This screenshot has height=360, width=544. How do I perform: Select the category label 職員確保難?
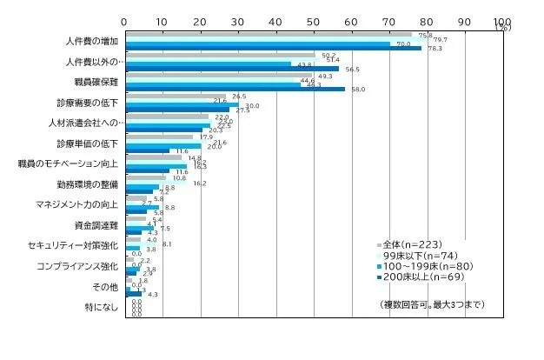tap(98, 82)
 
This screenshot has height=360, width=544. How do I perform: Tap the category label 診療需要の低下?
tap(93, 103)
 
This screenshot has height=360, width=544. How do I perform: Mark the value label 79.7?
tap(441, 40)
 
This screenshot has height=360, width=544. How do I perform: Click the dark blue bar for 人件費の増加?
tap(273, 48)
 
